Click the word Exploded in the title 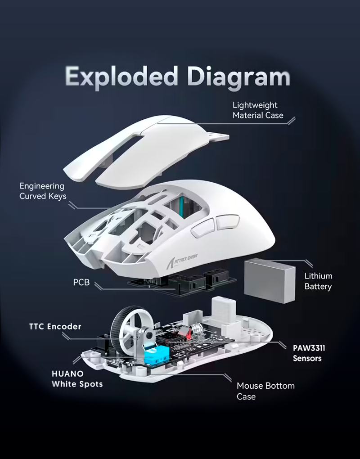(121, 76)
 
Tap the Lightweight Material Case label (258, 110)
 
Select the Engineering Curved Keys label (43, 191)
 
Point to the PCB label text (81, 283)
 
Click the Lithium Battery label (318, 281)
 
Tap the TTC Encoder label (55, 326)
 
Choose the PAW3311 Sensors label (309, 353)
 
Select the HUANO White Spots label (77, 379)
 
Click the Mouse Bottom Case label (265, 391)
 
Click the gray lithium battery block (270, 281)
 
